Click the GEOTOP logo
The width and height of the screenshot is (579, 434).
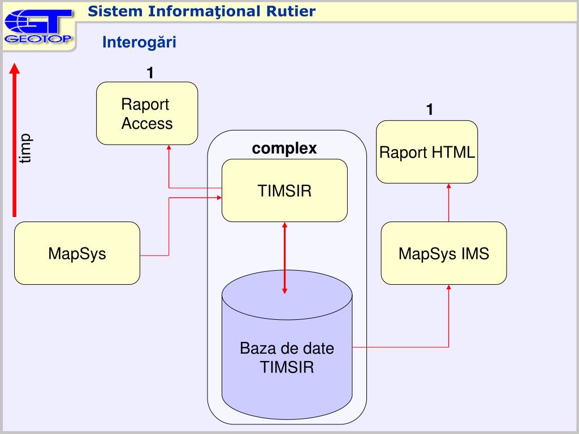point(38,27)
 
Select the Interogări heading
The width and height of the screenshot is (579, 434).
point(139,42)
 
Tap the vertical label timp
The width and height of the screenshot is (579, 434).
point(25,149)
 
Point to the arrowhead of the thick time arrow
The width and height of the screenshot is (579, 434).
point(14,68)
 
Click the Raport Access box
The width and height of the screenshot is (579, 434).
point(147,113)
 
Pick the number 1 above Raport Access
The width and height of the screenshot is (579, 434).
point(150,73)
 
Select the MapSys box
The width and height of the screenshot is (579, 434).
point(77,253)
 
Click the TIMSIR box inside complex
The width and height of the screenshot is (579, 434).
point(284,190)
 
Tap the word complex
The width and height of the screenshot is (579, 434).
point(284,149)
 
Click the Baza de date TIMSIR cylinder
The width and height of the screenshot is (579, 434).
point(287,345)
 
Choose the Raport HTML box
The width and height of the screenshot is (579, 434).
point(427,151)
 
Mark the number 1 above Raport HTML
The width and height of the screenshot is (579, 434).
point(430,109)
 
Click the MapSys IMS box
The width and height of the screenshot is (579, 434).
point(444,253)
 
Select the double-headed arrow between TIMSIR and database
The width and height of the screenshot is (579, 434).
point(284,258)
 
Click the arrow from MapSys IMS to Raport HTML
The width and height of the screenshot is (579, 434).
point(448,203)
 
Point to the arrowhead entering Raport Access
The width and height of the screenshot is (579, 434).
point(168,147)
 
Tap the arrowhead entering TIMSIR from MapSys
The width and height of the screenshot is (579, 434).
point(219,198)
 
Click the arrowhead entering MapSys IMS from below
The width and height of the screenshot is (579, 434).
point(448,287)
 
